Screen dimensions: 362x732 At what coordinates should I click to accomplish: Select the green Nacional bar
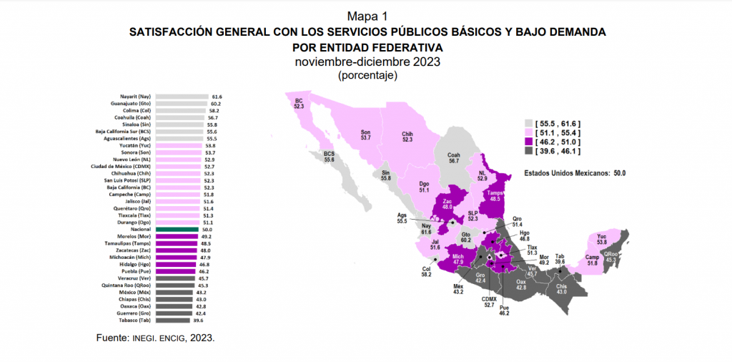coord(177,229)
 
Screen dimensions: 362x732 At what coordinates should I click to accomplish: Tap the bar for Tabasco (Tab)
coord(172,321)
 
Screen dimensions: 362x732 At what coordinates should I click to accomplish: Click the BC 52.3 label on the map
coord(299,104)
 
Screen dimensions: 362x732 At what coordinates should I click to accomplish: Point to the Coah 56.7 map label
coord(452,157)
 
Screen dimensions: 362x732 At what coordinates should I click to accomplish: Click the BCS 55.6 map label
coord(329,157)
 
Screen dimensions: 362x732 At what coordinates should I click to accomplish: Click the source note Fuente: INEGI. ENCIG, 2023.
coord(155,337)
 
